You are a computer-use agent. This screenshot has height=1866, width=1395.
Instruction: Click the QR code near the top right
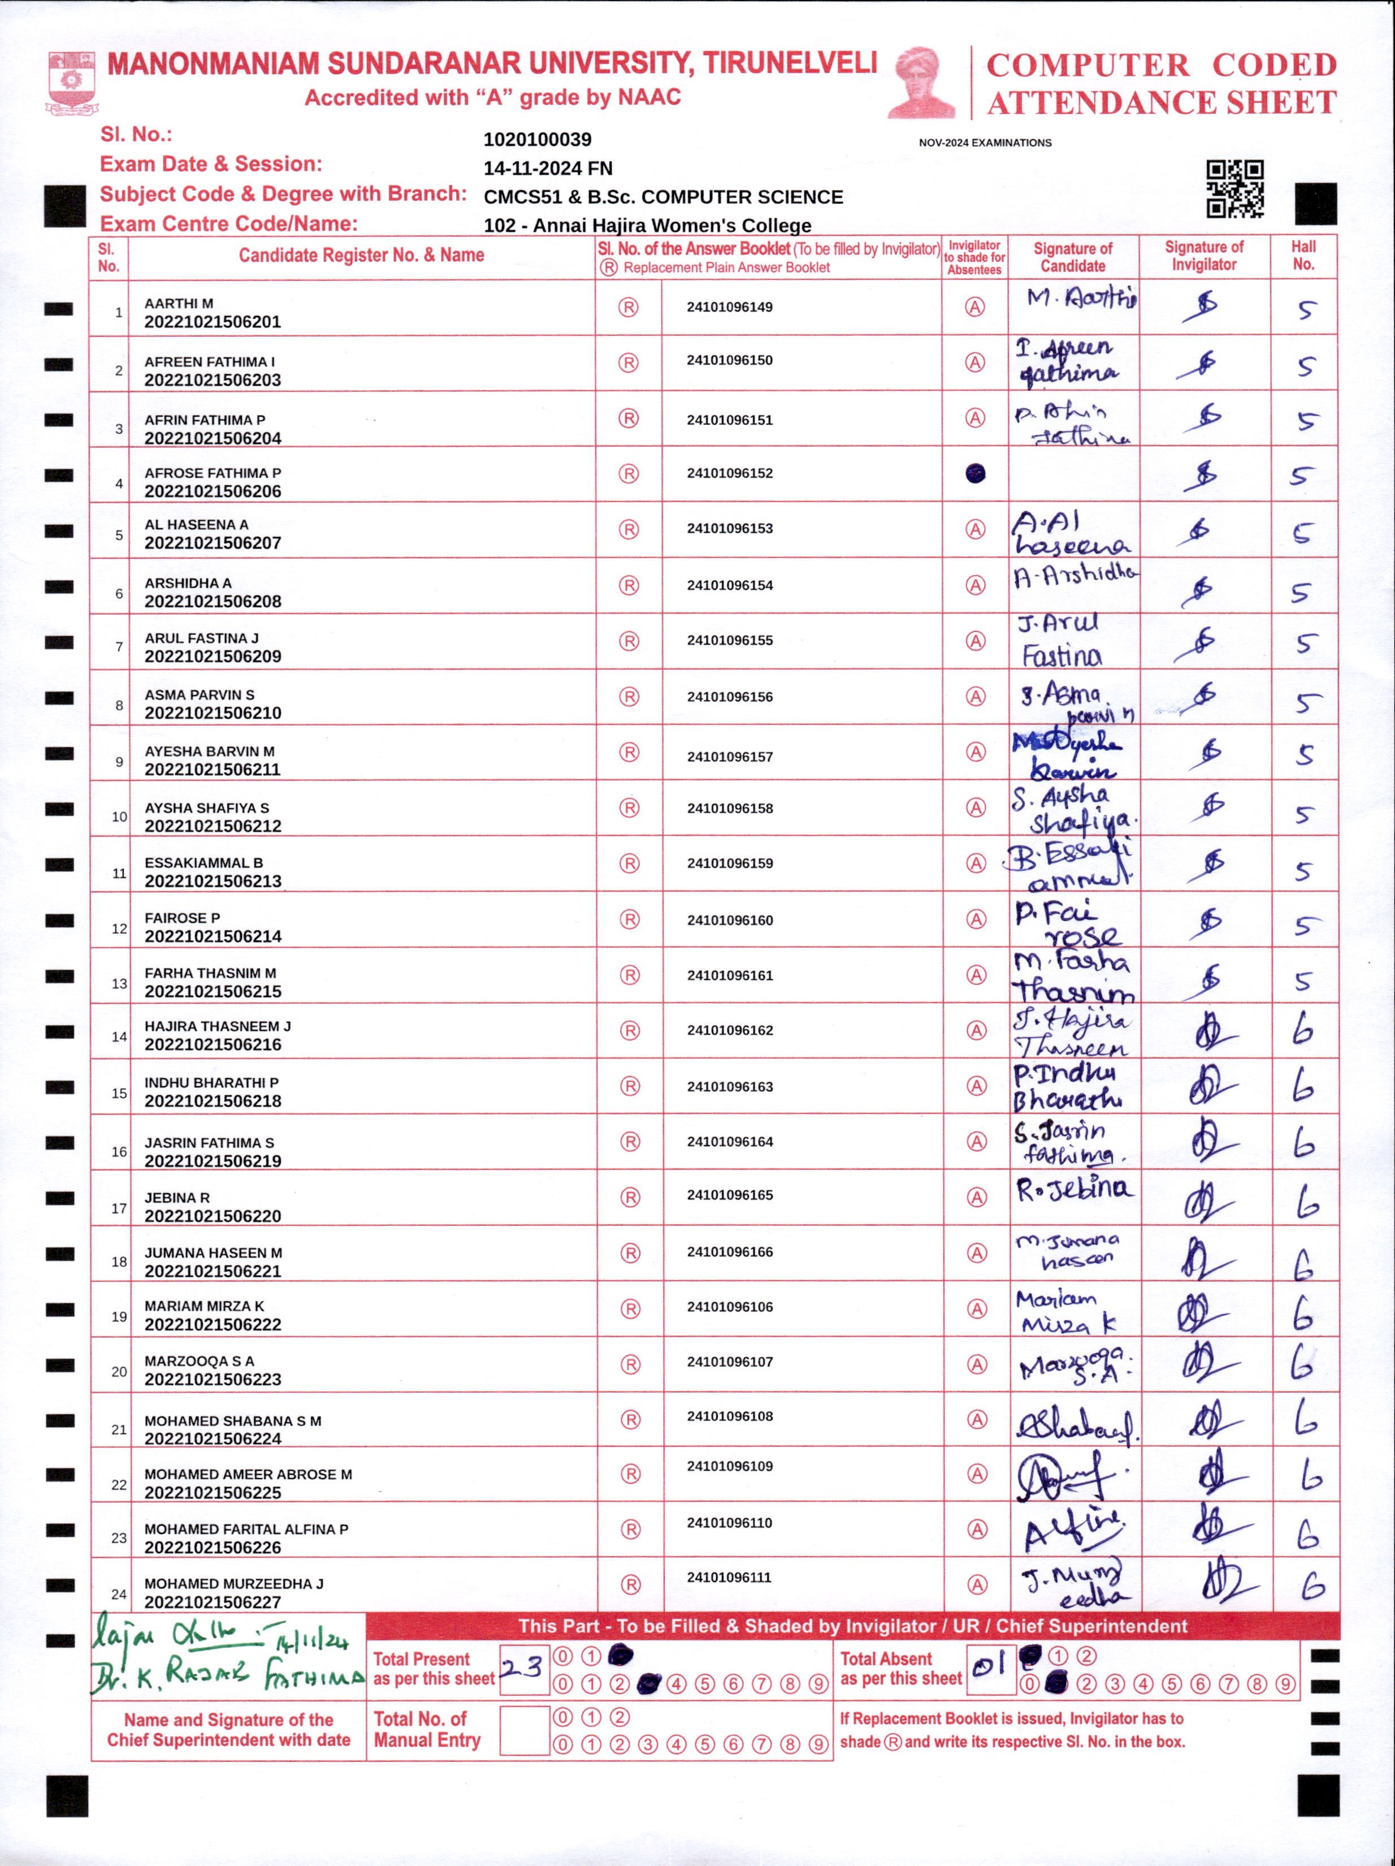pos(1234,189)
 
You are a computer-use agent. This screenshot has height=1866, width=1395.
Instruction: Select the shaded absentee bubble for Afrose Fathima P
pos(975,473)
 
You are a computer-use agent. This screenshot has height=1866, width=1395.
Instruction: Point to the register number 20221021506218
pos(213,1101)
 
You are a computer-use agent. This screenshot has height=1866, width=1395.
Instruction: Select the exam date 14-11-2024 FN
pos(547,168)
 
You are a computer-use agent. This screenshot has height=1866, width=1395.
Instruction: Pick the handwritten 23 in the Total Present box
pos(522,1668)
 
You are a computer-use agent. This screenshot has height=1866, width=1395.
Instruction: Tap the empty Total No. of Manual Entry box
pos(524,1729)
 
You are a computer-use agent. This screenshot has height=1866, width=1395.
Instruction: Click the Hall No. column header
pos(1303,256)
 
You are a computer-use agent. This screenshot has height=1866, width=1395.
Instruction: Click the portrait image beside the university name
pos(922,83)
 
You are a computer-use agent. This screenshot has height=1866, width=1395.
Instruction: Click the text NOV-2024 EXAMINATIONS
pos(985,142)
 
